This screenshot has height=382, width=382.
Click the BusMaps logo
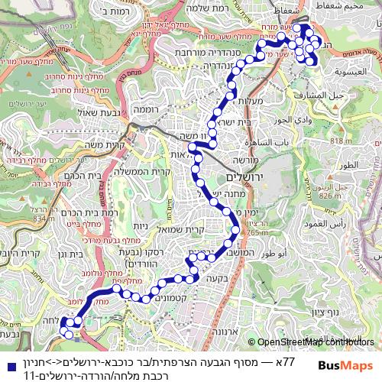coord(345,366)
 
